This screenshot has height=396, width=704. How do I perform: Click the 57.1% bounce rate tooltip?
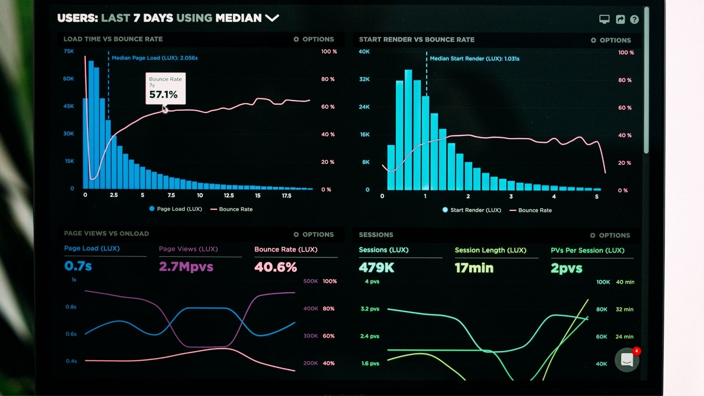click(x=165, y=88)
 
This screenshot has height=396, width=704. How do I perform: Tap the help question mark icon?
click(x=634, y=19)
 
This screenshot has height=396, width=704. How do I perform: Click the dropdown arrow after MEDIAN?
click(x=272, y=18)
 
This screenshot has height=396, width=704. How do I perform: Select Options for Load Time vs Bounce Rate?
click(x=314, y=39)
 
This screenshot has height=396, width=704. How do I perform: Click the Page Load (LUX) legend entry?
click(x=176, y=209)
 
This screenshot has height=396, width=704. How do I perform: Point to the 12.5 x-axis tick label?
click(x=229, y=195)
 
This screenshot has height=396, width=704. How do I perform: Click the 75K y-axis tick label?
click(x=69, y=51)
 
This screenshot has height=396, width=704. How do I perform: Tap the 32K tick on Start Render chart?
click(x=364, y=79)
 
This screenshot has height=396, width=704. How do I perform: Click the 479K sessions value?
click(x=377, y=268)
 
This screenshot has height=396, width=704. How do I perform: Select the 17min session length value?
click(x=474, y=268)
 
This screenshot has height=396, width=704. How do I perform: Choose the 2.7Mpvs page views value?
click(x=186, y=267)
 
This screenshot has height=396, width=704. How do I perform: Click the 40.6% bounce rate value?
click(x=276, y=267)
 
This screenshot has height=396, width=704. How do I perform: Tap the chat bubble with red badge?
click(x=627, y=360)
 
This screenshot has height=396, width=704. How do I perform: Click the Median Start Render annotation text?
click(x=474, y=59)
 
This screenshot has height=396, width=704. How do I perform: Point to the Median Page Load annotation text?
click(x=154, y=58)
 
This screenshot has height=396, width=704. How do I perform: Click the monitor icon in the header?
click(x=604, y=19)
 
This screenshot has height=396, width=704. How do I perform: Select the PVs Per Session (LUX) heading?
click(x=587, y=250)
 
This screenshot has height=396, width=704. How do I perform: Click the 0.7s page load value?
click(x=78, y=266)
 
